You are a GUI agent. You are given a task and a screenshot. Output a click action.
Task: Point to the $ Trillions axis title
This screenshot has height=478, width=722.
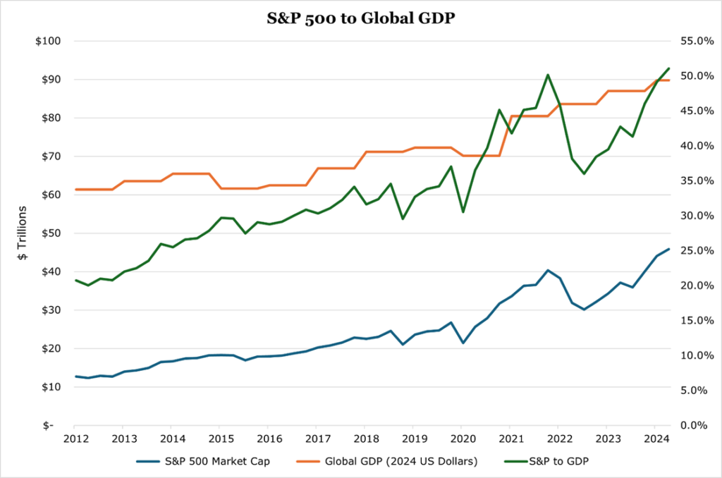pos(22,233)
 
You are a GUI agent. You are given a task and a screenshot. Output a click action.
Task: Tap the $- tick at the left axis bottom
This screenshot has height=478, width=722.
pos(55,426)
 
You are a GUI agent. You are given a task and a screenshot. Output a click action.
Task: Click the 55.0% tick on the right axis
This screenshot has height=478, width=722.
pos(694,42)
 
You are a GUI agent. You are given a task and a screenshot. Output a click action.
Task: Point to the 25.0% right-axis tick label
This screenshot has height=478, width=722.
pos(694,251)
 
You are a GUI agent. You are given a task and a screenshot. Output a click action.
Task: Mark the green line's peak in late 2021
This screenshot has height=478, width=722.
pos(548,75)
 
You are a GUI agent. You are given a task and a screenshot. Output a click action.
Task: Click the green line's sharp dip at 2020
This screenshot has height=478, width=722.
pos(463,212)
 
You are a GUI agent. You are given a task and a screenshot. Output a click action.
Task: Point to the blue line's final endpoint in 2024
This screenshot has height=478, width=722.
pos(668,249)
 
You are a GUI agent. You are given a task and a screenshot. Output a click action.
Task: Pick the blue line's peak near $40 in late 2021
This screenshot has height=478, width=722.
pos(548,270)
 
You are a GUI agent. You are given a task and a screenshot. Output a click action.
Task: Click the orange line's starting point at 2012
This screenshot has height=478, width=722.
pos(75,190)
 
